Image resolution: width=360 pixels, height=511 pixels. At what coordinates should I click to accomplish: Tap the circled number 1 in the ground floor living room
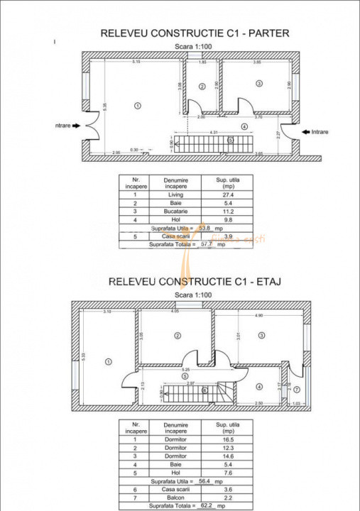(137, 104)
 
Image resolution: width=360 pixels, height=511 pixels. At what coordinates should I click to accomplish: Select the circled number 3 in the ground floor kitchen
(259, 84)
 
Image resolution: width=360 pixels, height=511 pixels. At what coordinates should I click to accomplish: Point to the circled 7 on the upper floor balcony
(296, 390)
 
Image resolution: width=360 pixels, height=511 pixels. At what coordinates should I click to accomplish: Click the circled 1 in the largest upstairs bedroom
(108, 361)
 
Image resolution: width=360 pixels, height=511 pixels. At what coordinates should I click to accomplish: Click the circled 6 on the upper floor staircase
(204, 390)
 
